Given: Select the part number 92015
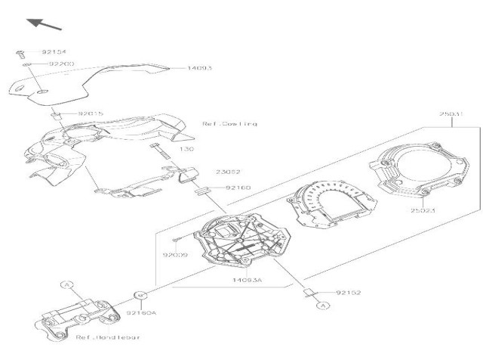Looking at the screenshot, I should [x=91, y=113].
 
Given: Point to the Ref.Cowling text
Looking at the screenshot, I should [x=230, y=123].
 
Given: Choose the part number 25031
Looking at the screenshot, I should [x=451, y=115].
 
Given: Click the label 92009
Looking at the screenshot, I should [x=174, y=255].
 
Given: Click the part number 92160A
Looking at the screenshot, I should [x=141, y=312].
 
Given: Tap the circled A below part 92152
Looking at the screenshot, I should [x=323, y=306].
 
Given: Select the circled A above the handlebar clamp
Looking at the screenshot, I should [x=66, y=285].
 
